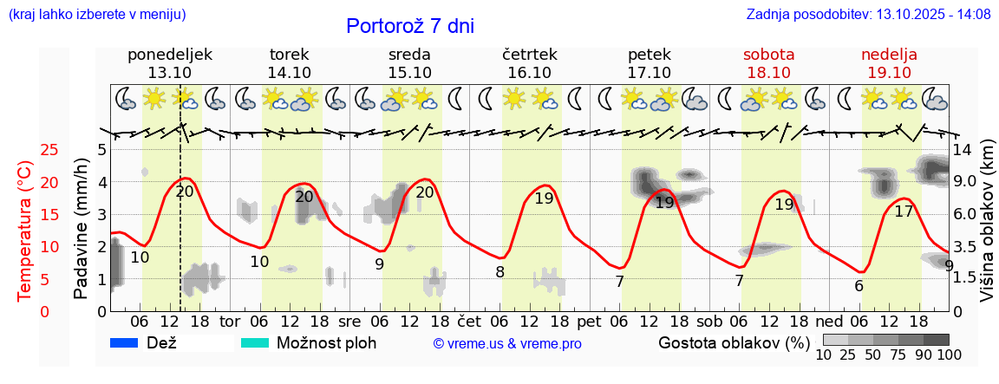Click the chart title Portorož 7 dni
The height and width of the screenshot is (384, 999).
click(x=409, y=26)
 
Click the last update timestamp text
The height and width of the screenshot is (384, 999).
click(x=868, y=15)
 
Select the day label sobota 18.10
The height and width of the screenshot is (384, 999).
click(x=769, y=63)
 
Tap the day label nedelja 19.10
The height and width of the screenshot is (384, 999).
click(x=889, y=63)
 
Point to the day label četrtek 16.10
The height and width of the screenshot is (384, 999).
click(x=529, y=63)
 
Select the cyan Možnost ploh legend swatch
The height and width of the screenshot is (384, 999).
click(x=255, y=342)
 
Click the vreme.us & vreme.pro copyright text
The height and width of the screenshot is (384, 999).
click(x=507, y=344)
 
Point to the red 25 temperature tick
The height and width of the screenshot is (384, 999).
click(x=26, y=150)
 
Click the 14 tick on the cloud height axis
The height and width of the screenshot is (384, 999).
click(x=962, y=149)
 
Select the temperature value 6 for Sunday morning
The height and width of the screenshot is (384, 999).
click(x=859, y=286)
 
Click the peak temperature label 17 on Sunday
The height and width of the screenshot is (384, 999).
click(x=904, y=212)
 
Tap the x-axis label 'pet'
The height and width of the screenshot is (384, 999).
click(x=588, y=321)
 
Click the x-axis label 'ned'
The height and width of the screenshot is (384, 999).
click(x=828, y=321)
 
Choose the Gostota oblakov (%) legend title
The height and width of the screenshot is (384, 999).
click(x=734, y=342)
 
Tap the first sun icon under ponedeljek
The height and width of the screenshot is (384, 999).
click(x=154, y=98)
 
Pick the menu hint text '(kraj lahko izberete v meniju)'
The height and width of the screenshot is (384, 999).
click(x=97, y=15)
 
